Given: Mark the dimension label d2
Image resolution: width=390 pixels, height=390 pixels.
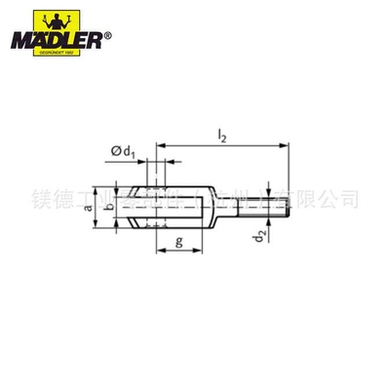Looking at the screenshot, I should pyautogui.click(x=256, y=235).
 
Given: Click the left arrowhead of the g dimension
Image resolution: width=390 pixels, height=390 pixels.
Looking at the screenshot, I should pyautogui.click(x=159, y=248).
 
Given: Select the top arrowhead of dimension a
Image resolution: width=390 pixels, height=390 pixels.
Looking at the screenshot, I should pyautogui.click(x=97, y=188).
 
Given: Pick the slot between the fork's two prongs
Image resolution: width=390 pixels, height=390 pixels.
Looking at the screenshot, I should pyautogui.click(x=180, y=207).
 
